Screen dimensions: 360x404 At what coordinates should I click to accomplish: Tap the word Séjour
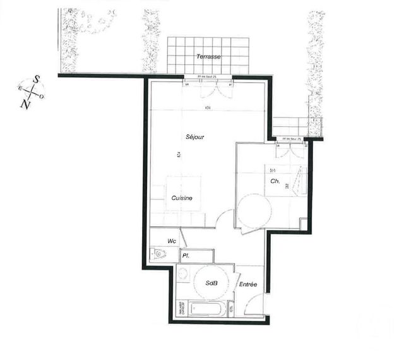coord(195,137)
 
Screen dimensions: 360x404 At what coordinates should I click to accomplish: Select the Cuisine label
coord(182,198)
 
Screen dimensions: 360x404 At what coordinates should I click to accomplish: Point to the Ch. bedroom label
coord(275,181)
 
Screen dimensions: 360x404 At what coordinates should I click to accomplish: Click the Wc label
coord(171,241)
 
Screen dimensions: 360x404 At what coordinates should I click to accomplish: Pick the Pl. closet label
coord(186,256)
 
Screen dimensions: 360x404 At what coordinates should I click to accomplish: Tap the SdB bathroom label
coord(212,284)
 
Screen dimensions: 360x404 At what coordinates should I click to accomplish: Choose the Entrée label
coord(248,285)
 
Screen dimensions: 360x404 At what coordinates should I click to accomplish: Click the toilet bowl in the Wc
coord(158,255)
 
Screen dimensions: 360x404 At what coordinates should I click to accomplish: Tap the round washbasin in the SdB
coord(184,274)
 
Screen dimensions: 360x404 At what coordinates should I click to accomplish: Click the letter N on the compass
coord(25,105)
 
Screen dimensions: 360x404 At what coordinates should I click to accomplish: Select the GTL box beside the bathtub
coord(232,309)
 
